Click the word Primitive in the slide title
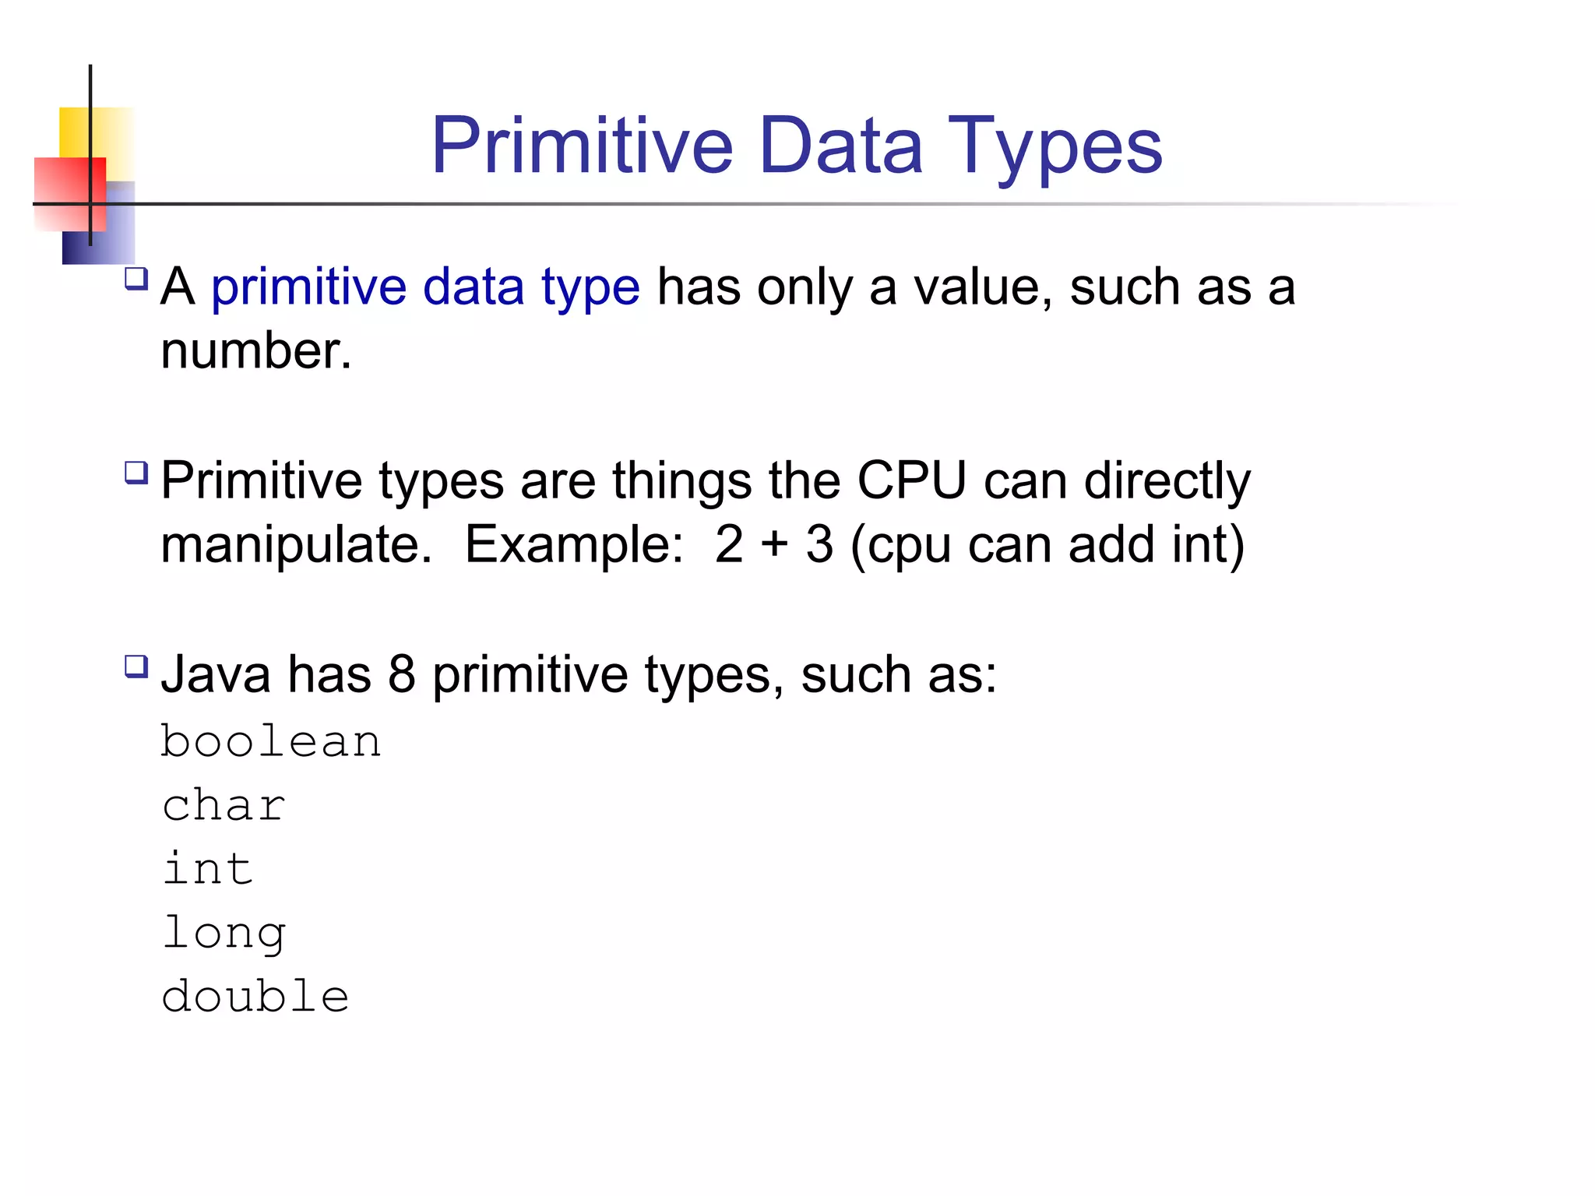point(582,146)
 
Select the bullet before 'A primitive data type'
point(136,279)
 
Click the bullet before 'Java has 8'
point(136,667)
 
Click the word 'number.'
point(256,351)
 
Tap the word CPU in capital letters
point(911,480)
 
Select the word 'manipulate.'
point(296,544)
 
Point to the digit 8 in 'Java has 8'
point(401,674)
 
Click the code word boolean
point(271,741)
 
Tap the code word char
point(224,805)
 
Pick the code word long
point(224,934)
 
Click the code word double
point(255,997)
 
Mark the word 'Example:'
point(574,544)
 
